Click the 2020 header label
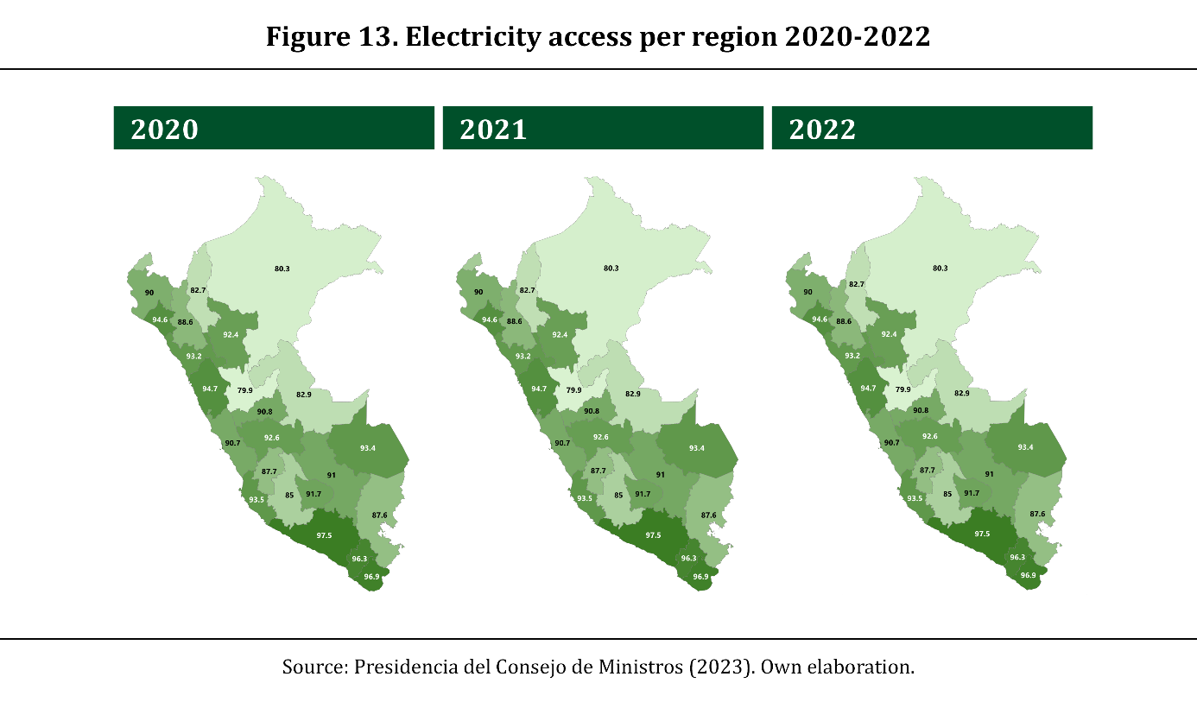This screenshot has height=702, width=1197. (x=165, y=129)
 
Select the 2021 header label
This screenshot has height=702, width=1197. (x=493, y=129)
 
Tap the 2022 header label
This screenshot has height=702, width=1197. (x=822, y=129)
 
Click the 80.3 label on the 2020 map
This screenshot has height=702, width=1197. (x=282, y=269)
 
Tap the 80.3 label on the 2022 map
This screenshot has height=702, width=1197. (x=940, y=269)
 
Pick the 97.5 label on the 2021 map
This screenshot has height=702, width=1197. (x=653, y=535)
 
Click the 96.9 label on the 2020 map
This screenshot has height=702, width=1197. (x=371, y=576)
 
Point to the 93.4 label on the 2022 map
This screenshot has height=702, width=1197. (x=1025, y=447)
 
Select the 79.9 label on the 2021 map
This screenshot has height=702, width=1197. (x=573, y=390)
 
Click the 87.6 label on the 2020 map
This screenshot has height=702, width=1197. (x=379, y=515)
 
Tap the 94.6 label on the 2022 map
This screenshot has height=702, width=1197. (x=818, y=319)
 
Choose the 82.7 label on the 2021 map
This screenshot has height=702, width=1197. (x=527, y=290)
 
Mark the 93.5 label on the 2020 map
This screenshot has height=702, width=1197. (x=256, y=499)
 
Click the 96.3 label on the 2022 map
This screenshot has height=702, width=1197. (x=1017, y=558)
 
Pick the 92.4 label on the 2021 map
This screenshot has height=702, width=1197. (x=560, y=334)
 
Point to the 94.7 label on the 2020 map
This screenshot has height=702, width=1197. (x=210, y=389)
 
